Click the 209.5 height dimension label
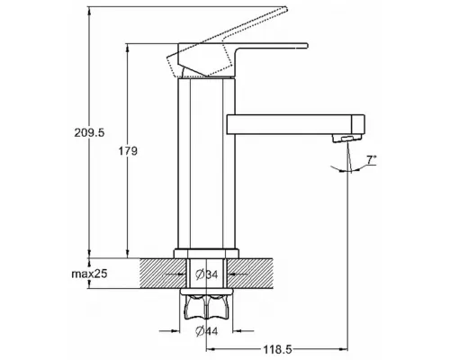click(x=89, y=132)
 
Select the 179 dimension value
click(x=128, y=151)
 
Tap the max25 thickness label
click(x=89, y=274)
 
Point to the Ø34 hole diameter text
click(x=207, y=274)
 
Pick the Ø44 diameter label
click(x=207, y=331)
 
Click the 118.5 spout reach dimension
click(x=277, y=349)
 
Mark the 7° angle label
click(x=372, y=160)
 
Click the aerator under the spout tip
click(x=346, y=139)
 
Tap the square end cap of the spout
click(x=358, y=124)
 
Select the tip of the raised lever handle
click(x=285, y=9)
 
